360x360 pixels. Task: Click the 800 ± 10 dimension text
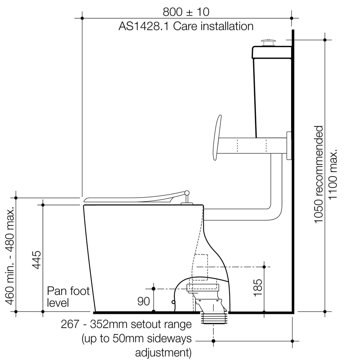click(x=186, y=12)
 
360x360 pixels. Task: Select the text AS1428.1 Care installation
click(x=186, y=26)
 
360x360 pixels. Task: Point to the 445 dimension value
click(x=37, y=260)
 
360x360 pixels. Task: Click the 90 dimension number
click(x=143, y=301)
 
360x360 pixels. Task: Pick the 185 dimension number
click(x=258, y=288)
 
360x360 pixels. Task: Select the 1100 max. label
click(x=333, y=175)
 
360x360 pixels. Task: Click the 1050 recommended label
click(x=319, y=174)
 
